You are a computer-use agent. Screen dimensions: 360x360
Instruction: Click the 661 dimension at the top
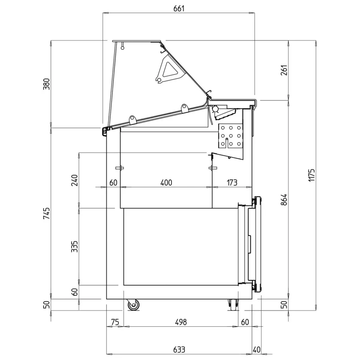[179, 9]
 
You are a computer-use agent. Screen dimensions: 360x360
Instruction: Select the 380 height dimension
[46, 84]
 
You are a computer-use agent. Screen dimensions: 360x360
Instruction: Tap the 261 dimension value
[284, 70]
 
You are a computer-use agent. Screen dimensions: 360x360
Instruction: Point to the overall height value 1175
[311, 175]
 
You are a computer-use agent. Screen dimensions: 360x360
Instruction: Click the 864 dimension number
[284, 199]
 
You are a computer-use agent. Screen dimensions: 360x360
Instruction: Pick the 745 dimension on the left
[46, 213]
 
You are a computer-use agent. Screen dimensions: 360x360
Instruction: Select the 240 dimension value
[75, 180]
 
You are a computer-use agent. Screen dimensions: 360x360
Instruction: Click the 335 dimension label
[75, 247]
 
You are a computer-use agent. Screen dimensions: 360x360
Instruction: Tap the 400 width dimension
[166, 183]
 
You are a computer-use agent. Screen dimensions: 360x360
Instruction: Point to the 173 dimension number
[232, 183]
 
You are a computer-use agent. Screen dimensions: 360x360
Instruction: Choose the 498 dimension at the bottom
[181, 322]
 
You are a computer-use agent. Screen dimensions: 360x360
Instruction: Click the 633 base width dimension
[179, 350]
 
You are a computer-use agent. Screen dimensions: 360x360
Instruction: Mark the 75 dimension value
[115, 322]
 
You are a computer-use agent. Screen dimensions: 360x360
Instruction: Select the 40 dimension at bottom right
[256, 350]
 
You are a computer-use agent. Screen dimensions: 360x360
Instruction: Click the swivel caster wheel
[133, 305]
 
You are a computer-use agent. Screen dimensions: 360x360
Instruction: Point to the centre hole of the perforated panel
[231, 136]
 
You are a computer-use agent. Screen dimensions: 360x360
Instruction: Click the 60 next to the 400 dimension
[113, 183]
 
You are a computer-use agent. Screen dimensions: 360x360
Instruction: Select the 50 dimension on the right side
[284, 305]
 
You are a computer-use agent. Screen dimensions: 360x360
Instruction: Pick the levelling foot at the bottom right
[233, 305]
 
